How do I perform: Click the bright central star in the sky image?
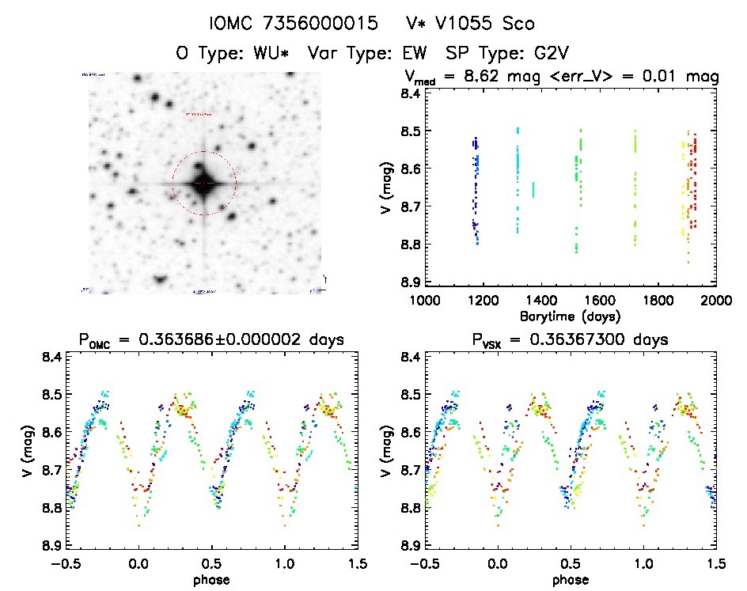[x=203, y=183]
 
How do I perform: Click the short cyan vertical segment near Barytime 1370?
[x=533, y=190]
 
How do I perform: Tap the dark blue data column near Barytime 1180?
[x=476, y=190]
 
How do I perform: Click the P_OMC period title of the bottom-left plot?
[x=210, y=341]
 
